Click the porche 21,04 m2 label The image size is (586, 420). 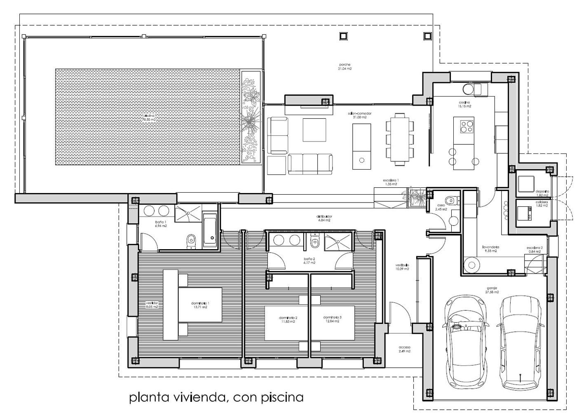345,66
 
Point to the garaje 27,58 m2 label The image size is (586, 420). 492,290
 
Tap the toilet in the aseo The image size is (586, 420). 452,201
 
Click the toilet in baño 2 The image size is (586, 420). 315,243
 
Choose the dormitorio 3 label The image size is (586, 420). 332,319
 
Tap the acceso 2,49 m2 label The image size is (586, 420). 404,349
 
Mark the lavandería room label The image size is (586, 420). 490,248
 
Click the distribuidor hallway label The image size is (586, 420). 324,218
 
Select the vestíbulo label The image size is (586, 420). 402,267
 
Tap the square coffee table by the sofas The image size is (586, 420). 315,130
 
